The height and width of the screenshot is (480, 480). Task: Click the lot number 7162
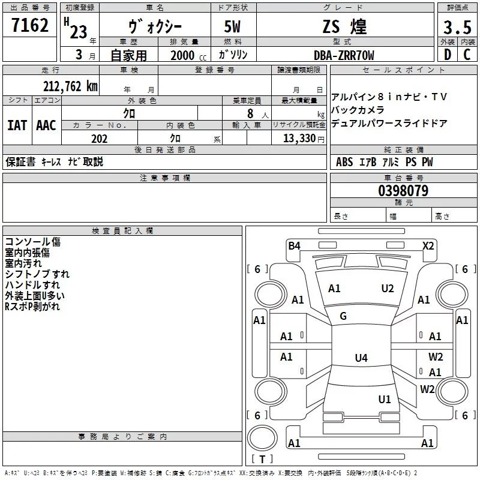30,26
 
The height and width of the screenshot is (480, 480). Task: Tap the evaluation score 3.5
456,27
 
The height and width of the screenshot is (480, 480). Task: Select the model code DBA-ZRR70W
344,55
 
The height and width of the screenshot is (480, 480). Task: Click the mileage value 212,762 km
70,86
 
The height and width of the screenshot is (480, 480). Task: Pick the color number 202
99,139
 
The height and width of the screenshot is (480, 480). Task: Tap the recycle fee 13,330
299,139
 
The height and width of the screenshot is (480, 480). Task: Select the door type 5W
232,27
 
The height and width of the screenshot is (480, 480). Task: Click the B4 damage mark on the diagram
294,245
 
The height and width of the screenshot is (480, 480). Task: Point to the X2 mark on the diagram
428,245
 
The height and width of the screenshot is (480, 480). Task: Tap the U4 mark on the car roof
361,358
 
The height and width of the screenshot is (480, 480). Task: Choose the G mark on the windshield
343,316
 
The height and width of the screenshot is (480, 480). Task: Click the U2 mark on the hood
388,289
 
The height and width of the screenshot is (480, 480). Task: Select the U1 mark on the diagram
385,399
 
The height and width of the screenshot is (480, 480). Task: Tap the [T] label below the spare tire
262,460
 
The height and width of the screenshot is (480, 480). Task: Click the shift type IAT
17,125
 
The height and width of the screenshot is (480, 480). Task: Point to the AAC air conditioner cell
46,125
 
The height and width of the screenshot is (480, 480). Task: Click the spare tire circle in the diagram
263,437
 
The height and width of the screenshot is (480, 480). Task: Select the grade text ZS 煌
344,27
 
